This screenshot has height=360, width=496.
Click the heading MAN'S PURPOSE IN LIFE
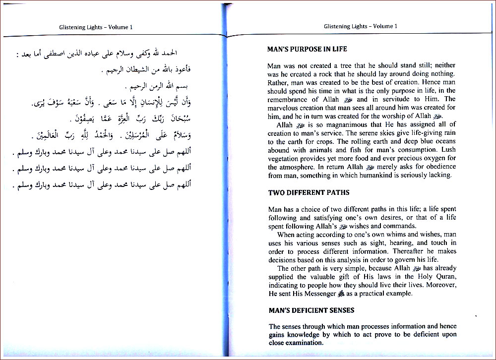(x=307, y=50)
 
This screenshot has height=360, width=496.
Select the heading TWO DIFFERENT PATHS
(x=309, y=193)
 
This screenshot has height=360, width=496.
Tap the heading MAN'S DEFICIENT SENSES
(x=311, y=310)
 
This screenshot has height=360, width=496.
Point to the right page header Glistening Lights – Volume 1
(x=361, y=26)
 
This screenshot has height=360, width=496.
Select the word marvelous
(x=283, y=108)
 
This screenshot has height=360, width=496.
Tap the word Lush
(x=447, y=150)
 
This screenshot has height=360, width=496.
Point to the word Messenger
(x=317, y=294)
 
